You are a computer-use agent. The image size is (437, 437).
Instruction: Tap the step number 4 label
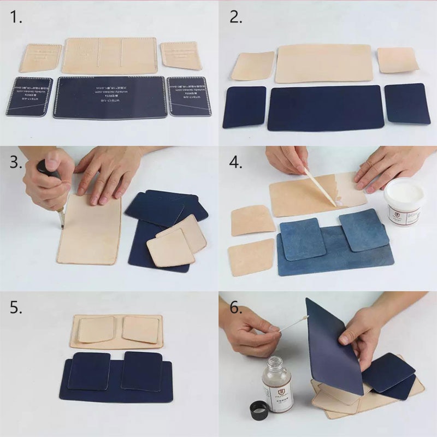[235, 163]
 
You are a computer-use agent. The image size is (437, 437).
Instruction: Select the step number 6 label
[235, 308]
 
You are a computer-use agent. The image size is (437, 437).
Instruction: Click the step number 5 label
[16, 308]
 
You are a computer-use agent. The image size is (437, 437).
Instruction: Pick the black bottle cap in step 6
[260, 409]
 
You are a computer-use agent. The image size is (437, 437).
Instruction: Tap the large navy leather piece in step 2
[326, 108]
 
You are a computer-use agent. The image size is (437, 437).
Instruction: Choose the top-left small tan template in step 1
[40, 58]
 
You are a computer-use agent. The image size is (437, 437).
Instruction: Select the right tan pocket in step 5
[141, 329]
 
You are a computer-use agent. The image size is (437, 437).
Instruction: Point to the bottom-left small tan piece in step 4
[251, 257]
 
